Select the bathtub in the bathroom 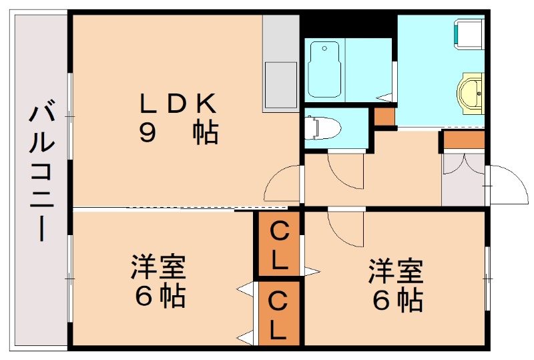tap(325, 68)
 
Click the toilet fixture tap(322, 127)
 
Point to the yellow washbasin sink tap(472, 92)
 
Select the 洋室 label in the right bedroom tap(396, 271)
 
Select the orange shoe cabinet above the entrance tap(463, 140)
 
